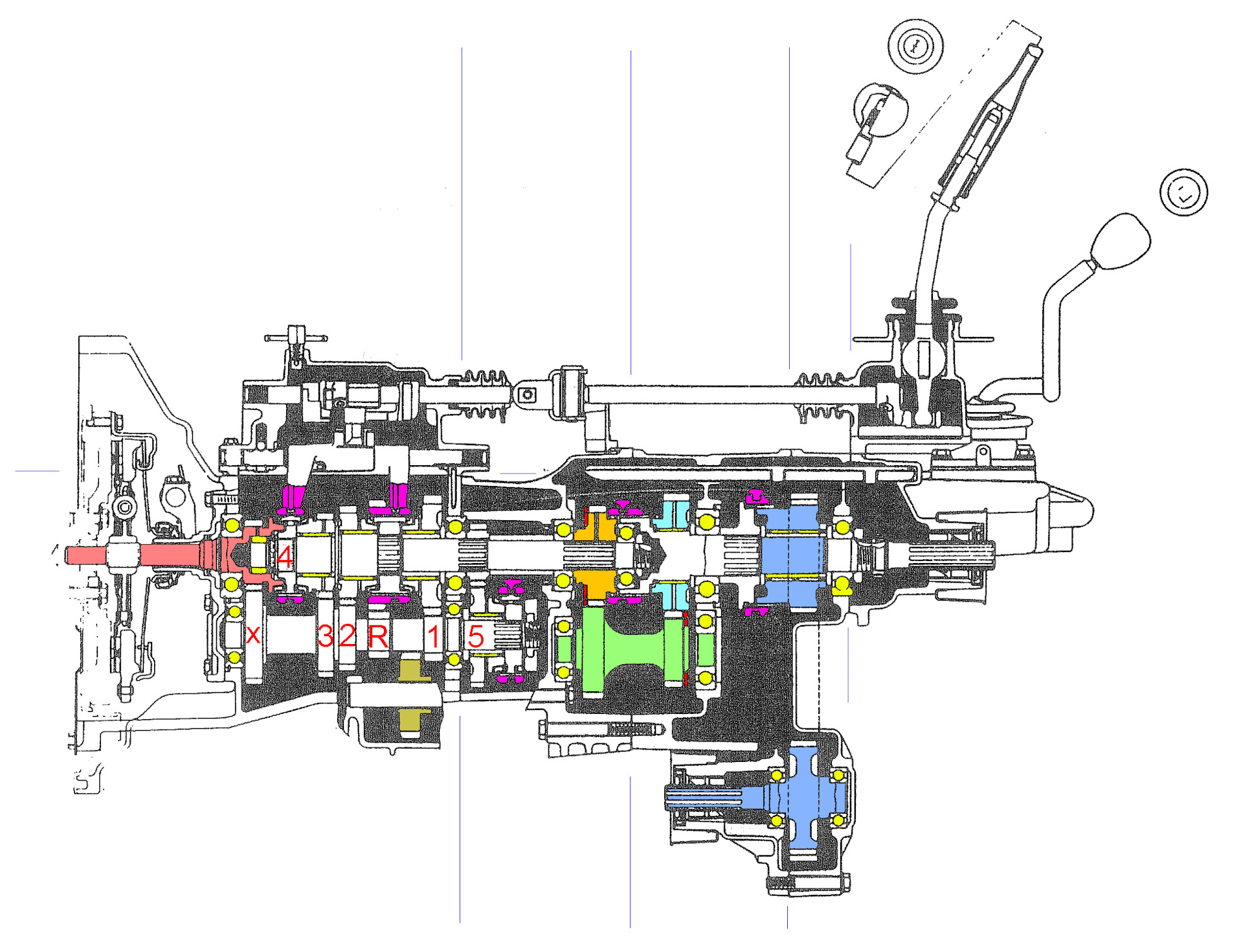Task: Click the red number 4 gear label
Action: tap(284, 557)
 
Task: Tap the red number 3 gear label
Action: tap(326, 636)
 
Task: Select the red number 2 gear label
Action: tap(348, 636)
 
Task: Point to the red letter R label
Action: tap(378, 636)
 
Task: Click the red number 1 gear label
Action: tap(434, 636)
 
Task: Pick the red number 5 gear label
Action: tap(476, 636)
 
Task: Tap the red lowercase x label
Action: tap(253, 635)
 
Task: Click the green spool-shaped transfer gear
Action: tap(635, 649)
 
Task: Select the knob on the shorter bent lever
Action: tap(1121, 242)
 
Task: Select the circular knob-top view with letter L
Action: tap(1183, 192)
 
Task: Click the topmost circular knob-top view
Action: tap(915, 45)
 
